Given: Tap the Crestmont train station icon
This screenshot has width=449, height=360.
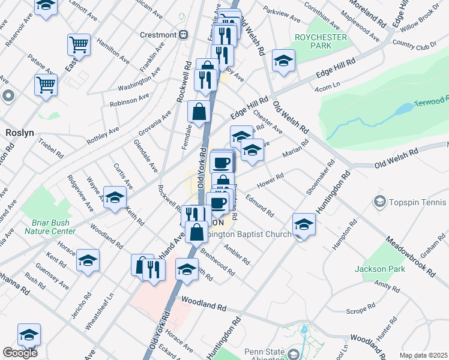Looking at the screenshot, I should coord(182,35).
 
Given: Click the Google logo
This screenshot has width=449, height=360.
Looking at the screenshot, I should coord(20,353).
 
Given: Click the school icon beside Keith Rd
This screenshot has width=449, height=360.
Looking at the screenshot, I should coord(114,197).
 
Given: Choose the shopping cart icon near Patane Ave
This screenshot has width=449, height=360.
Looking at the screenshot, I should coord(45,85).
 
